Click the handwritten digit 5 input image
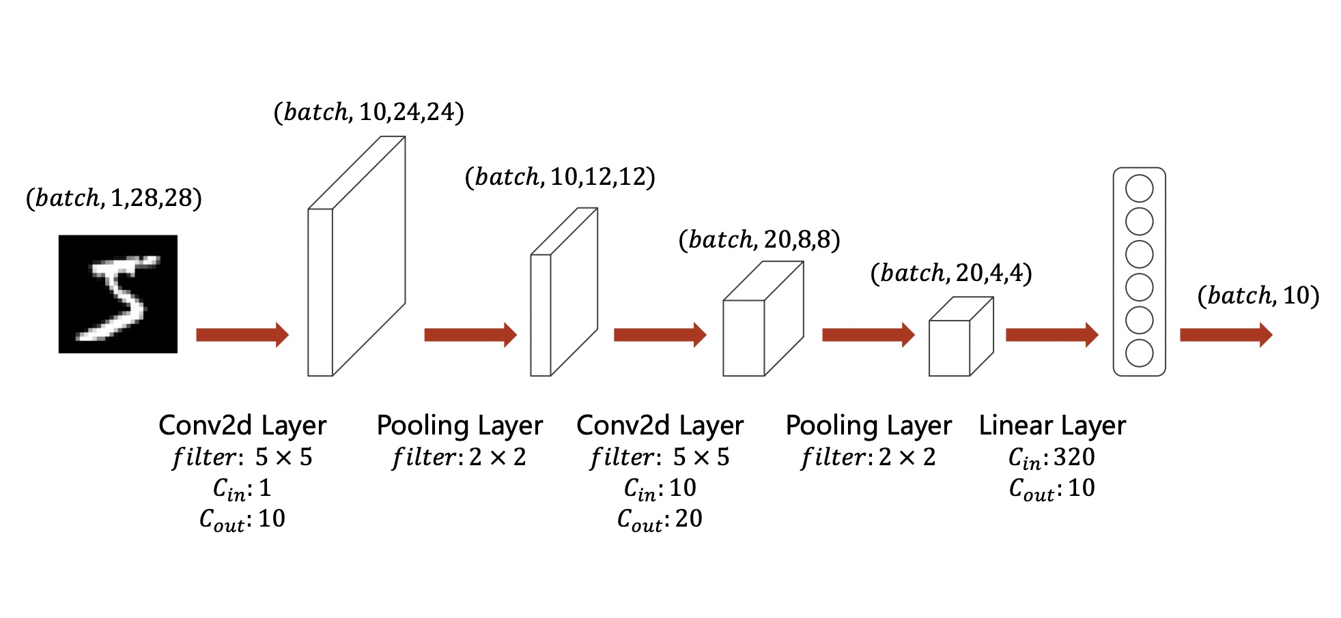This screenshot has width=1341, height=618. [118, 294]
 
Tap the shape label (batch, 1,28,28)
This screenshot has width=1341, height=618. [114, 198]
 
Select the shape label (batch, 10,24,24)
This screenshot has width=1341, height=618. [369, 112]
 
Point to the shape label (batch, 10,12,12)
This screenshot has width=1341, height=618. [560, 177]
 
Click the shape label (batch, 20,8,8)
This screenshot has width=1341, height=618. [759, 239]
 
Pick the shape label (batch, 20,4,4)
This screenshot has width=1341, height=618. [951, 273]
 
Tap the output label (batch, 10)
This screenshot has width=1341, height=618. [1258, 295]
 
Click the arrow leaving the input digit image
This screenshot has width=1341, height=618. [242, 335]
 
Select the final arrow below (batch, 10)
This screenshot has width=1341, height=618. [1226, 335]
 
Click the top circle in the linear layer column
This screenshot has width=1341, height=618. [1140, 188]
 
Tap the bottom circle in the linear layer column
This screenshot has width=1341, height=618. [1140, 353]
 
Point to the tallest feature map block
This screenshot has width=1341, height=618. [356, 256]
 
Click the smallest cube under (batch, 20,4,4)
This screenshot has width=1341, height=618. [961, 336]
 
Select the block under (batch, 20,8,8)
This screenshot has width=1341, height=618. [763, 319]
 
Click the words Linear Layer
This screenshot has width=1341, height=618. [1052, 426]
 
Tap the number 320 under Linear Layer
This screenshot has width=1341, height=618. [1074, 457]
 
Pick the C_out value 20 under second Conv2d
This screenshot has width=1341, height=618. [689, 518]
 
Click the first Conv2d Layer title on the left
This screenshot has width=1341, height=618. [242, 426]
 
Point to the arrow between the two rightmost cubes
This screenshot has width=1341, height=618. [869, 335]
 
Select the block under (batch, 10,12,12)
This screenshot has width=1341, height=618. [564, 292]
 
